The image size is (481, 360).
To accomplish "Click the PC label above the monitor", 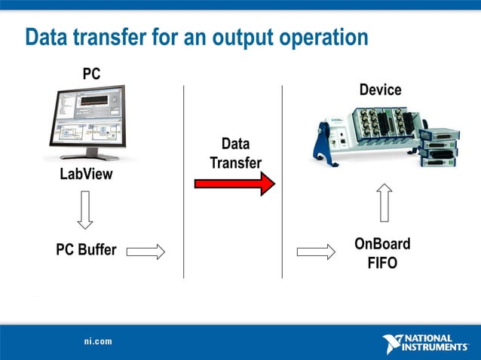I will click(x=91, y=74).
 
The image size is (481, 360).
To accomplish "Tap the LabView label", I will click(x=86, y=175).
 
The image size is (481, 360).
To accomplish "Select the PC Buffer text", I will click(x=86, y=250).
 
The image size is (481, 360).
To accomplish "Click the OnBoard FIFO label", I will click(x=382, y=254).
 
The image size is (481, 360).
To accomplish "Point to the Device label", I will click(x=380, y=90).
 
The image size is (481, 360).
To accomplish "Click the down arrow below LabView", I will click(x=85, y=209).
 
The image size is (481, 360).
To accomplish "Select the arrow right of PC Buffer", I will click(x=146, y=251).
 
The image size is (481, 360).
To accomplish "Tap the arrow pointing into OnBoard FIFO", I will click(x=316, y=251).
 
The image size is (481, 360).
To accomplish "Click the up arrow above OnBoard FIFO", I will click(x=384, y=203).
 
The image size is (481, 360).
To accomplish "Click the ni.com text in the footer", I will click(x=98, y=341).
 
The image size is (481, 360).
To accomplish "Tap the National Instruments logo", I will click(x=425, y=343).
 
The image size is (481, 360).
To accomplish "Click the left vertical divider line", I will click(x=184, y=181).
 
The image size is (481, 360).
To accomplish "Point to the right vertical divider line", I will click(x=282, y=181).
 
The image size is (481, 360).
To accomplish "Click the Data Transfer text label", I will click(x=235, y=153).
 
